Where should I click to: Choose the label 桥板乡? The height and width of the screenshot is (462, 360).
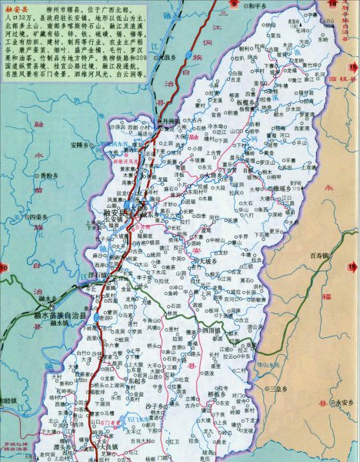pos(221,393)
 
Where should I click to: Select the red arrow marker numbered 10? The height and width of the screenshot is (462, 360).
pos(5,266)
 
